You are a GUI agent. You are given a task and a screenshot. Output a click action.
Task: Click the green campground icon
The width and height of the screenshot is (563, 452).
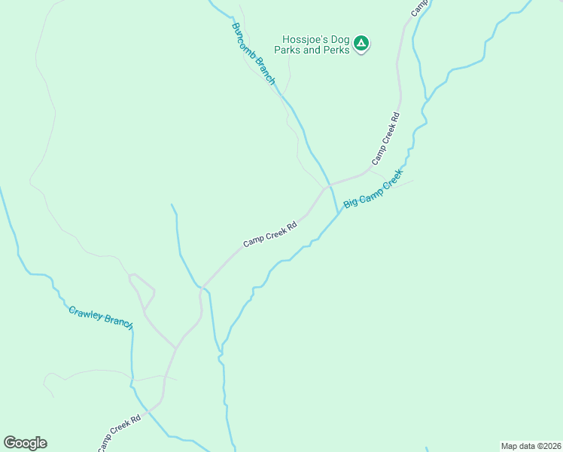click(x=361, y=44)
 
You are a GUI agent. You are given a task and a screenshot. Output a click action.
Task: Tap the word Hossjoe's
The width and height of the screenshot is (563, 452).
click(x=303, y=40)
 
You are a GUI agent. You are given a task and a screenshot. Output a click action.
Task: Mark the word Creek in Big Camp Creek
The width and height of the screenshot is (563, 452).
click(x=392, y=180)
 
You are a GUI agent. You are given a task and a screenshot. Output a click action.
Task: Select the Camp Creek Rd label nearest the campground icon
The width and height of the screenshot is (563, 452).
click(x=385, y=139)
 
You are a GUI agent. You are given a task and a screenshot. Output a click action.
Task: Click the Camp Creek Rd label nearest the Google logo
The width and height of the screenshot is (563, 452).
click(x=119, y=433)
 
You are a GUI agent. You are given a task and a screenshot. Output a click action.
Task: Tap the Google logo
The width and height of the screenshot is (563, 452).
click(x=25, y=443)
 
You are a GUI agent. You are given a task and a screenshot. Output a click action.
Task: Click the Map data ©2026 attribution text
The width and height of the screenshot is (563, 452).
click(x=531, y=446)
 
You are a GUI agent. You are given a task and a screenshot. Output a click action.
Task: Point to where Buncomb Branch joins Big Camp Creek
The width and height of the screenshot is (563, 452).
click(x=336, y=212)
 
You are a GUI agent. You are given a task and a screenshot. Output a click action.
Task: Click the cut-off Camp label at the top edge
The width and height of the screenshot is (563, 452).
click(x=418, y=7)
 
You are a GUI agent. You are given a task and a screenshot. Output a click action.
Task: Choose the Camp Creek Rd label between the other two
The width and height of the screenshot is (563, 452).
click(x=270, y=234)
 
